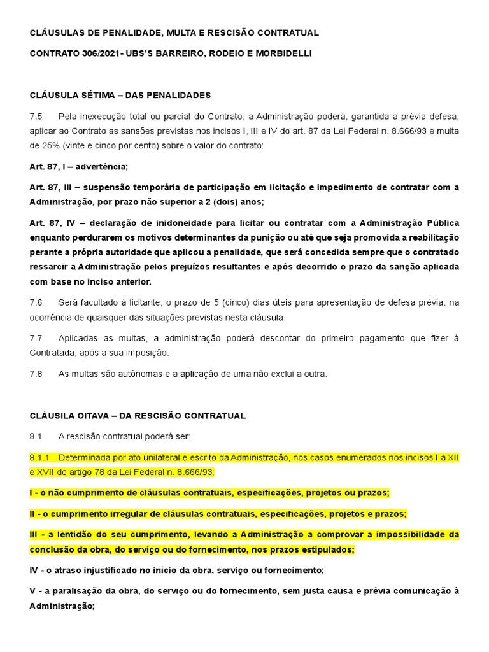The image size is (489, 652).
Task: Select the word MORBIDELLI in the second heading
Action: coord(283,53)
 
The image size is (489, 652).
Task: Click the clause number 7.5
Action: coord(36,117)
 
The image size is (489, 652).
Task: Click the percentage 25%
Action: coord(49,146)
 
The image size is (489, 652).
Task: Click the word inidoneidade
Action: coord(164,223)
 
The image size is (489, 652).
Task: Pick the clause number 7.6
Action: coord(36,302)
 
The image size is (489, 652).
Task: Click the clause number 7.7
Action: coord(36,338)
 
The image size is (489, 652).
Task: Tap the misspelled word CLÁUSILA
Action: coord(53,416)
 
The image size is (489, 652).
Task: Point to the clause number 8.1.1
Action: coord(39,458)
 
